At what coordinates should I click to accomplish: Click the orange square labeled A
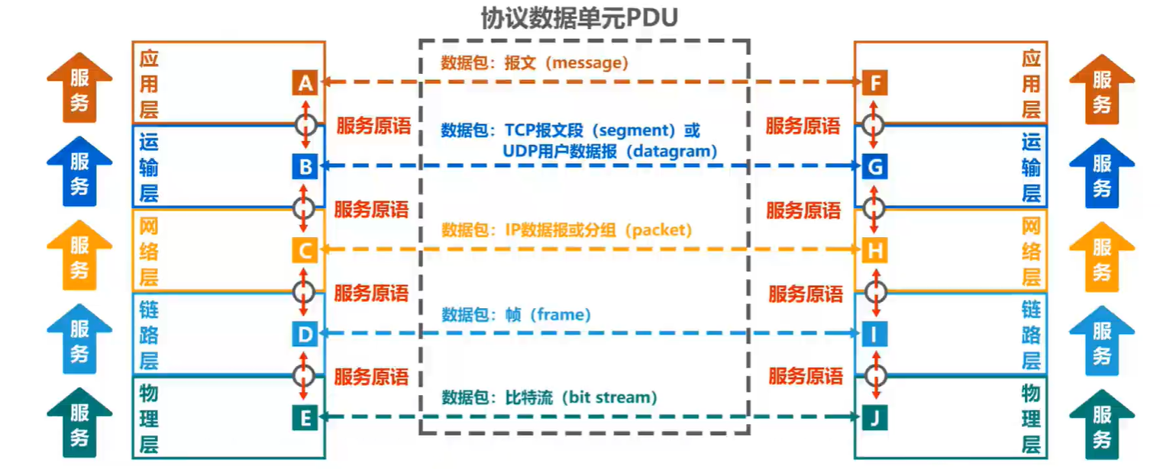pos(304,82)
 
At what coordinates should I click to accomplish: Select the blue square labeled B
pos(304,166)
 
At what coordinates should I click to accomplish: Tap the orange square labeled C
pos(304,250)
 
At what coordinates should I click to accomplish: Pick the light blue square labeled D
pos(304,334)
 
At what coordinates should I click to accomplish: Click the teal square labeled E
pos(304,418)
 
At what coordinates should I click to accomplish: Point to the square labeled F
pos(875,82)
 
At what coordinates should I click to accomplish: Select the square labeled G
pos(875,166)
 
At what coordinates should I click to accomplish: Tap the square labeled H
pos(875,250)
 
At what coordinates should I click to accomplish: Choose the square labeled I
pos(875,334)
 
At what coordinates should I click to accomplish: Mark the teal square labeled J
pos(875,418)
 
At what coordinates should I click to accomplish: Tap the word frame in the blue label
pos(560,314)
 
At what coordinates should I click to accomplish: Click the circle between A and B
pos(305,123)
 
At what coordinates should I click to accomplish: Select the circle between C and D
pos(305,291)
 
